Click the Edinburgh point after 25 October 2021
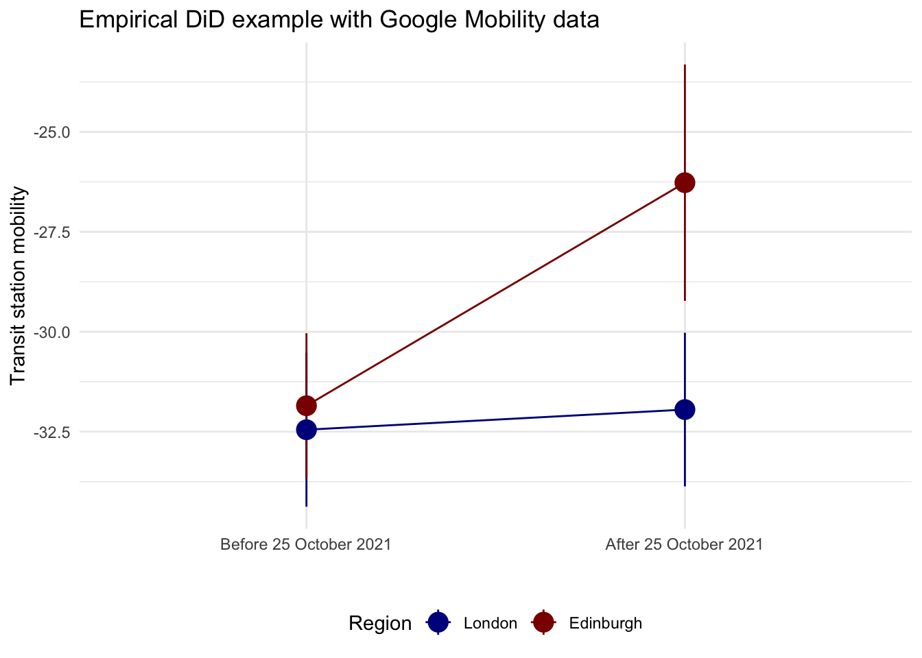point(685,182)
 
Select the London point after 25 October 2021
point(685,409)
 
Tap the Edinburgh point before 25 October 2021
point(306,405)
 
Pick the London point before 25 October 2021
point(306,430)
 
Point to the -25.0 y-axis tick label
point(51,132)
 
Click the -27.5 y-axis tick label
point(51,232)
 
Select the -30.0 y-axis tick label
point(51,332)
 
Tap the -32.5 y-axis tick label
point(51,432)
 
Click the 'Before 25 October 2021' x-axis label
point(306,545)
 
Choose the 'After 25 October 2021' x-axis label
point(684,545)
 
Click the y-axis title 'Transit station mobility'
point(19,286)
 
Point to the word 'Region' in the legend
point(380,623)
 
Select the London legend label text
point(490,623)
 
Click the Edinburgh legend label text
point(605,623)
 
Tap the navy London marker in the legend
point(438,622)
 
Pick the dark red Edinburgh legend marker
point(543,622)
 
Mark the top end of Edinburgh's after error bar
point(685,65)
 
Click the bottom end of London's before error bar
point(306,505)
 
